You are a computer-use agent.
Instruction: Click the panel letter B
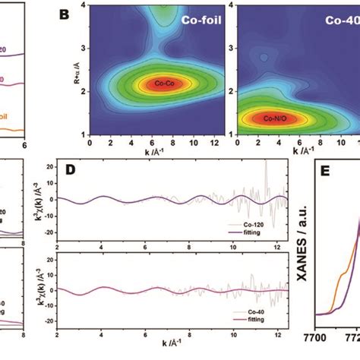(65, 15)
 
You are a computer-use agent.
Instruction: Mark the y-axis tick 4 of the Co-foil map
(84, 8)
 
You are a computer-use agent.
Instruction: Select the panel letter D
(70, 172)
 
